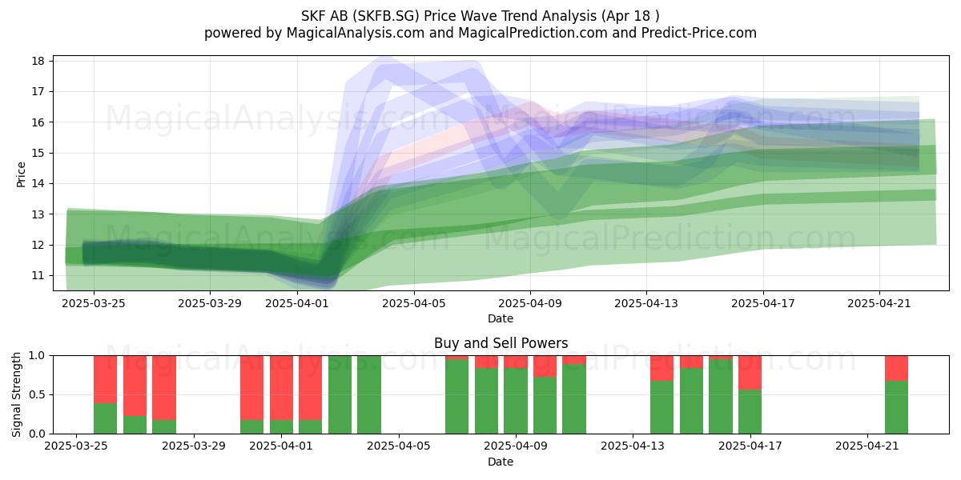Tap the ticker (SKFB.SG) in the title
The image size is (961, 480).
[x=388, y=16]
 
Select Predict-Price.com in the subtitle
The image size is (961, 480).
[x=699, y=33]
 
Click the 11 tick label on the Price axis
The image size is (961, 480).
[x=38, y=275]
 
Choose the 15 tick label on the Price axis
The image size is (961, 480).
[x=38, y=153]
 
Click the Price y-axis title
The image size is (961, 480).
[x=21, y=174]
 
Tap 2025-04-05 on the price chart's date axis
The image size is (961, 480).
[x=414, y=303]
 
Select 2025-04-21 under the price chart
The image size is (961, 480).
[x=879, y=303]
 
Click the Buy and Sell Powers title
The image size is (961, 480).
[x=501, y=343]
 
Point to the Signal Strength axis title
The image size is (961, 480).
[x=16, y=394]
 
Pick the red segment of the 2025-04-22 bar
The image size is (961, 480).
[x=896, y=368]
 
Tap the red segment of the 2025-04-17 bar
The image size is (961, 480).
[x=750, y=373]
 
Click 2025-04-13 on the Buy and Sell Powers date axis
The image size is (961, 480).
[x=633, y=446]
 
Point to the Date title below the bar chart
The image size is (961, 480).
[x=501, y=462]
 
